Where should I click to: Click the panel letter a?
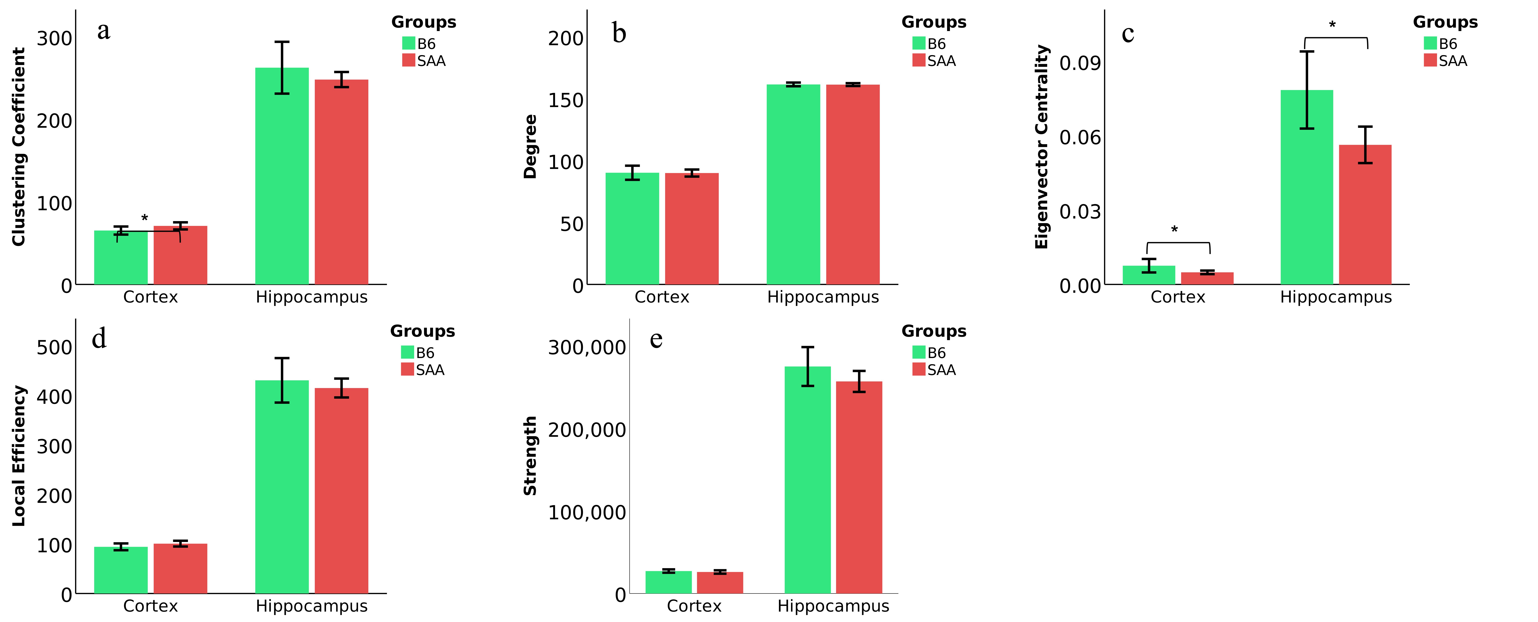pos(104,31)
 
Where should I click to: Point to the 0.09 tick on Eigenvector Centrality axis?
pos(1079,63)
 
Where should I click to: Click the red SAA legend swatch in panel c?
pos(1430,60)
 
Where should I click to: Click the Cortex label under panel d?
pos(151,606)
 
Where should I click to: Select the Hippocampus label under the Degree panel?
pos(823,297)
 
